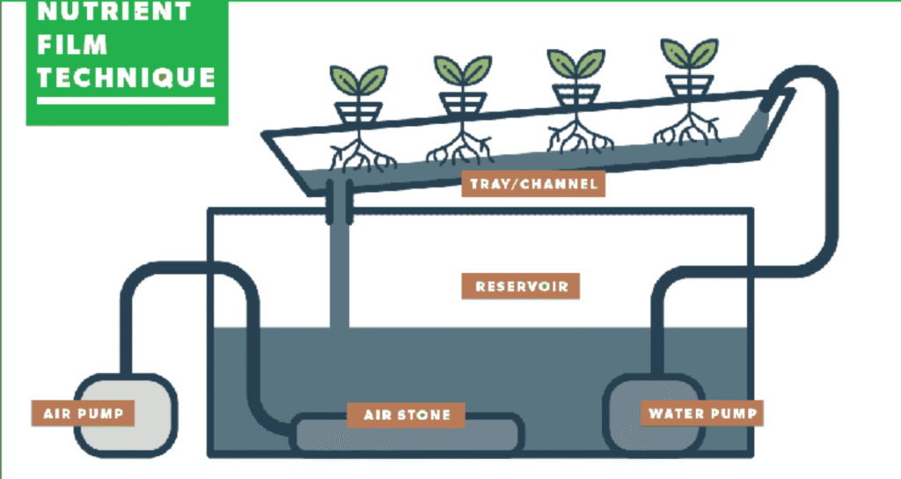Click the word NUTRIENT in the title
point(115,12)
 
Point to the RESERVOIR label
point(521,286)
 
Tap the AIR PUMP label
point(83,412)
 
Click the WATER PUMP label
point(702,412)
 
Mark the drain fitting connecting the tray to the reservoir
point(338,199)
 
